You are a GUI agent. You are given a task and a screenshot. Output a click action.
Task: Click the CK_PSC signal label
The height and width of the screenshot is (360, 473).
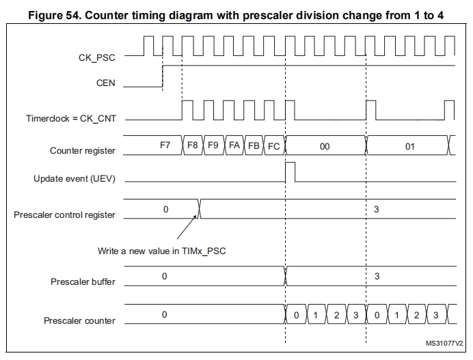click(x=96, y=59)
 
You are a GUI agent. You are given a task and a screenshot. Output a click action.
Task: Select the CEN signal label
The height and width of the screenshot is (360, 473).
click(x=106, y=83)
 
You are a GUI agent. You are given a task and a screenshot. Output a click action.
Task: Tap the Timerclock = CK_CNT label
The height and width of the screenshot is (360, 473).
click(x=71, y=118)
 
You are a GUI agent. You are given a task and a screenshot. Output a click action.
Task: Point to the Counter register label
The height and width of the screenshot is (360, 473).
click(x=83, y=150)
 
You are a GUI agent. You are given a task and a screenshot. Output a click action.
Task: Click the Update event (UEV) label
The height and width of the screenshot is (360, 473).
click(x=75, y=179)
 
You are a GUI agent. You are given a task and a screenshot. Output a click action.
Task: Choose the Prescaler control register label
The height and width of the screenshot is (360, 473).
click(x=64, y=214)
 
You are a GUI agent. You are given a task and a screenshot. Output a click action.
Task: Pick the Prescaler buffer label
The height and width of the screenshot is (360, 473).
click(x=83, y=281)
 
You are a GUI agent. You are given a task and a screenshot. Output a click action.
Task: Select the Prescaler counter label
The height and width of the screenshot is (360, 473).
click(x=79, y=320)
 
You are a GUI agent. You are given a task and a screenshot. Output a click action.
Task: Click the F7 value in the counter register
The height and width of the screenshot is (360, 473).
click(x=165, y=146)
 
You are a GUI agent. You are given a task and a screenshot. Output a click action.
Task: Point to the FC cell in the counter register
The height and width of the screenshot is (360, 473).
click(x=273, y=146)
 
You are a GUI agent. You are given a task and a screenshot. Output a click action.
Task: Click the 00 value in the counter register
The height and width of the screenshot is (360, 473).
click(x=325, y=146)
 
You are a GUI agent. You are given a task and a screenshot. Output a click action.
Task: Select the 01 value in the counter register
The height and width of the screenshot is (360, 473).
click(x=409, y=146)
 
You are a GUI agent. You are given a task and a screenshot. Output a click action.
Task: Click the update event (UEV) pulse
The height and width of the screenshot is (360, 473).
click(x=290, y=171)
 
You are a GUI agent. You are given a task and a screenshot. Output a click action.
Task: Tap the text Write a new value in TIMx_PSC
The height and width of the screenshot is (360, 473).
click(x=161, y=251)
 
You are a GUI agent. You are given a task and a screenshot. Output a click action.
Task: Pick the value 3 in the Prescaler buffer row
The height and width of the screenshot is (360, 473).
click(x=377, y=275)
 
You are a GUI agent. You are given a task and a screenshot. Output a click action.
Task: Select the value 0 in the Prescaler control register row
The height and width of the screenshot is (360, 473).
click(x=165, y=208)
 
